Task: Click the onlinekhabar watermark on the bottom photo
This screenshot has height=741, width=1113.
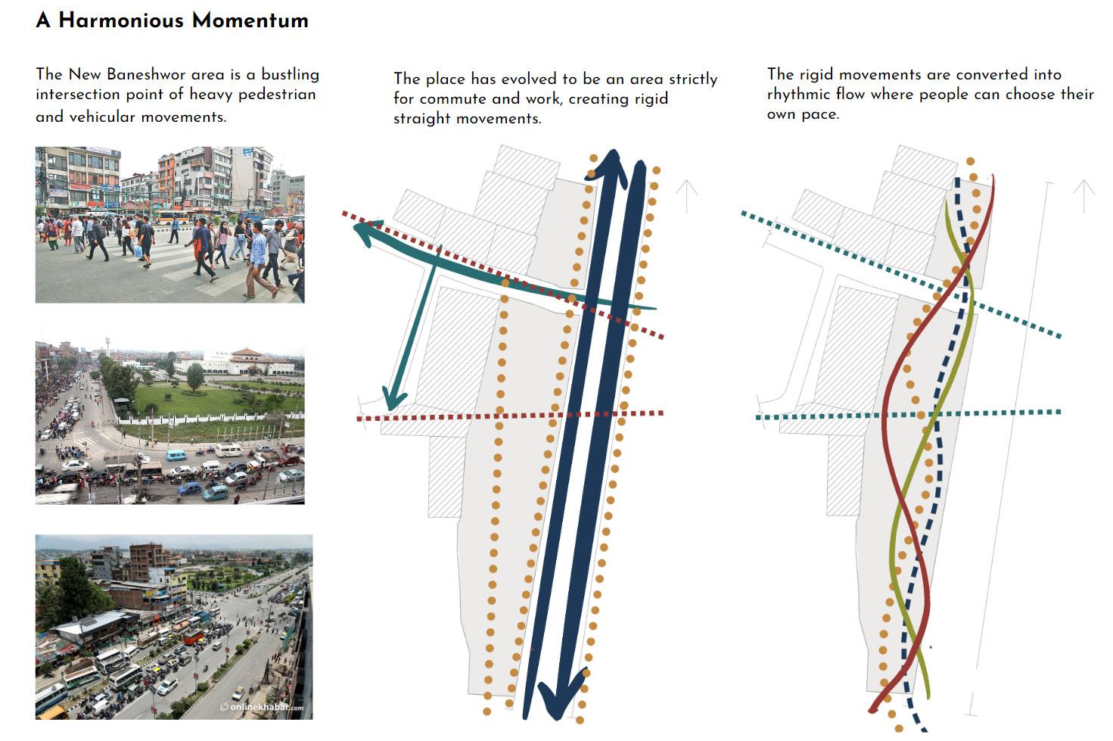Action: pos(262,707)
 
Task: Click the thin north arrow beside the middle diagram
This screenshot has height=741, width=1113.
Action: pos(687,196)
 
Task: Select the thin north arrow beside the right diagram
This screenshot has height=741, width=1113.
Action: pos(1084,196)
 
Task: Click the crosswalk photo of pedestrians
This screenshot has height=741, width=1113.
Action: pos(169,225)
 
